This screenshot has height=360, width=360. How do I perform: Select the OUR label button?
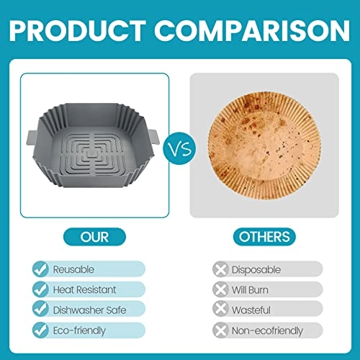(96, 237)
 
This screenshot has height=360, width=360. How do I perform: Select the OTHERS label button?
(265, 237)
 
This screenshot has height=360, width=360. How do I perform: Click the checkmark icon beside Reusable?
(42, 269)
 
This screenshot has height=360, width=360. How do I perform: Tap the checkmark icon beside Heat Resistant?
(42, 289)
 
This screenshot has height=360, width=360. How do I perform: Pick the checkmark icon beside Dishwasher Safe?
(42, 310)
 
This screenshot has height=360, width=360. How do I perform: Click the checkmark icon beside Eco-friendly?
(42, 330)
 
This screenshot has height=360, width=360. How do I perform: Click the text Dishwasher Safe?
(89, 310)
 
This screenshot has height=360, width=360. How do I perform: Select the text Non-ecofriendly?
(266, 330)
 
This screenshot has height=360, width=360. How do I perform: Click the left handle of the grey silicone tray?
(31, 134)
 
